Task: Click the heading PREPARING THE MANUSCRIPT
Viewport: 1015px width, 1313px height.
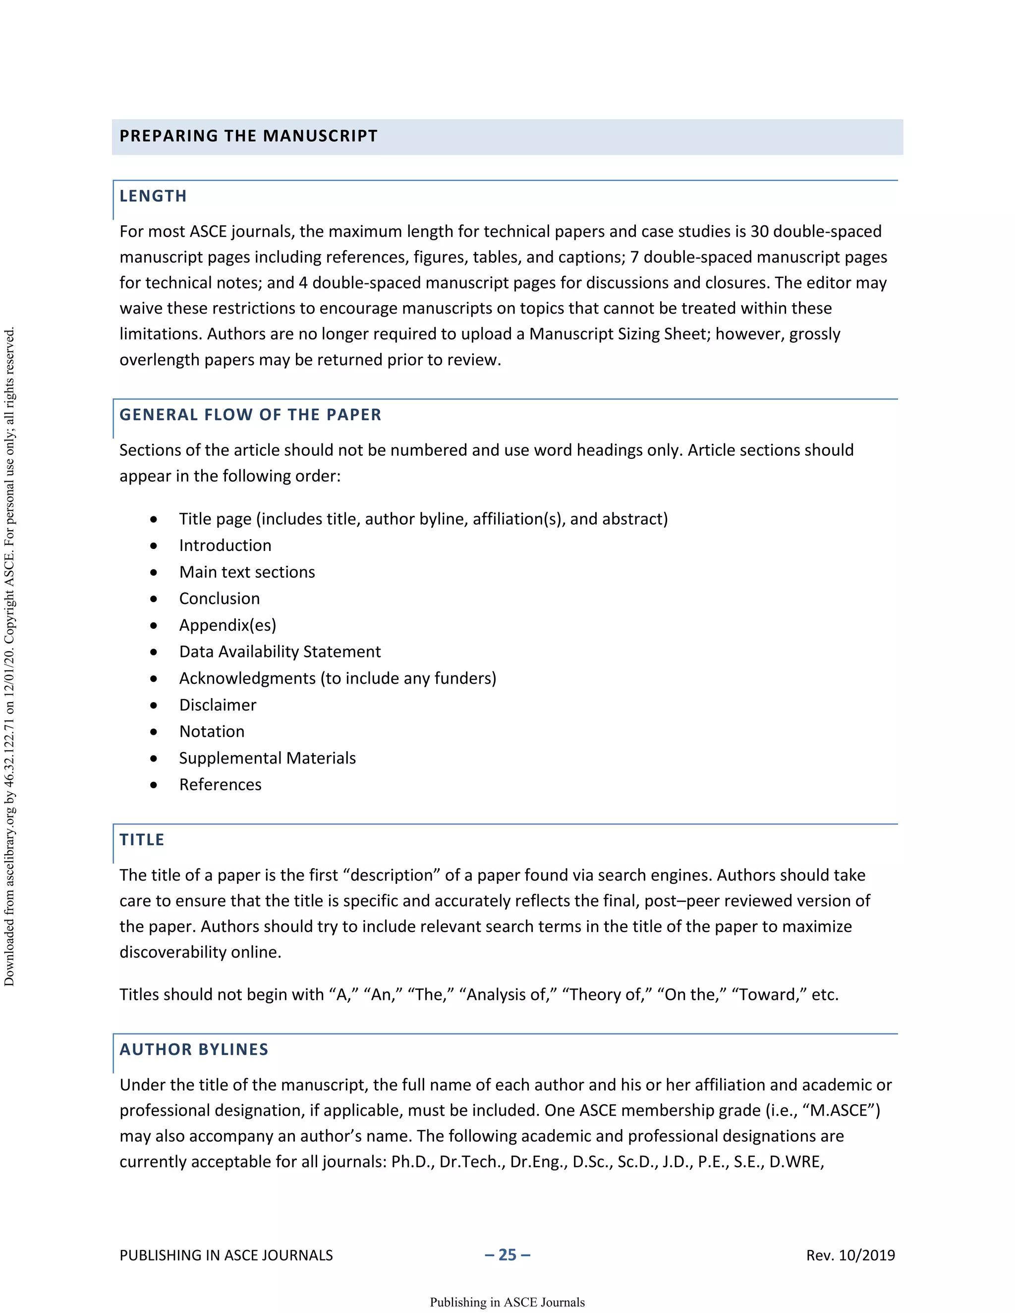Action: tap(248, 136)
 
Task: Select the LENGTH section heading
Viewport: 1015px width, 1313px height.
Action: tap(153, 196)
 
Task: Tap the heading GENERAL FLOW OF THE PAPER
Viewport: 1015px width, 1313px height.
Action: tap(250, 415)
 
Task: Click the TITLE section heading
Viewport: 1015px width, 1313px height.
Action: tap(142, 840)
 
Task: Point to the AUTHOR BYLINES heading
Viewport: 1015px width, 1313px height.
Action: tap(194, 1050)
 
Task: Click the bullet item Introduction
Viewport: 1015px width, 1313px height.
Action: tap(225, 546)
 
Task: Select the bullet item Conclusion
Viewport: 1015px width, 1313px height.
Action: tap(220, 599)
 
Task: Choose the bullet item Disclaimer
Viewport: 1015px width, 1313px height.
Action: tap(218, 705)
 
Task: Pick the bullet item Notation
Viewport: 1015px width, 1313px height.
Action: tap(212, 732)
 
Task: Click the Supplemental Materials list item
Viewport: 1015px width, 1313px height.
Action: tap(267, 758)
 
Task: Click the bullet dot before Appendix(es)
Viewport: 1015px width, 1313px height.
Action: tap(154, 626)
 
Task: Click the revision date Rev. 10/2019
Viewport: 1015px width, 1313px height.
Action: tap(850, 1256)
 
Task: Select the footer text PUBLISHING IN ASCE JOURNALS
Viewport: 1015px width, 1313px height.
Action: tap(226, 1256)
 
